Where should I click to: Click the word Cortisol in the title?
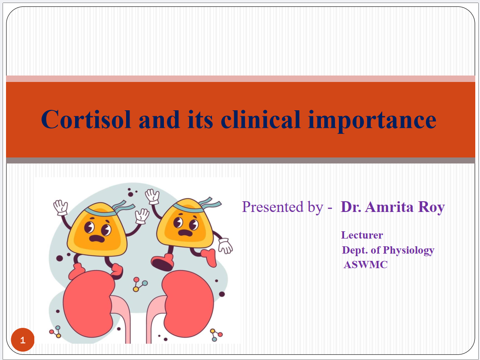(x=86, y=119)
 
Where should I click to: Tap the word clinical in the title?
(x=261, y=119)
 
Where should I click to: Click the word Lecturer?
(x=362, y=235)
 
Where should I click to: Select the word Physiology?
(x=408, y=251)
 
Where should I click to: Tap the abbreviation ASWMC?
(x=365, y=264)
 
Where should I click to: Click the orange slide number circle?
(x=23, y=340)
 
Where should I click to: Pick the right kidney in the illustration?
(x=187, y=303)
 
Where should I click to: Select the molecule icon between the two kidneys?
(x=139, y=284)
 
